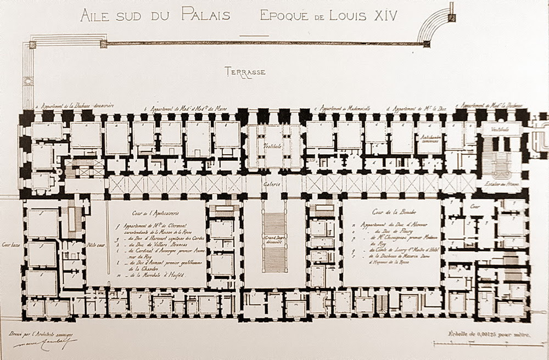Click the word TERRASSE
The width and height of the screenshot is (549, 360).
pyautogui.click(x=245, y=71)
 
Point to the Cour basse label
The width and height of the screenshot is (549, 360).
pyautogui.click(x=11, y=245)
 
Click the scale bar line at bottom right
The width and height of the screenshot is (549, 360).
pyautogui.click(x=481, y=344)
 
